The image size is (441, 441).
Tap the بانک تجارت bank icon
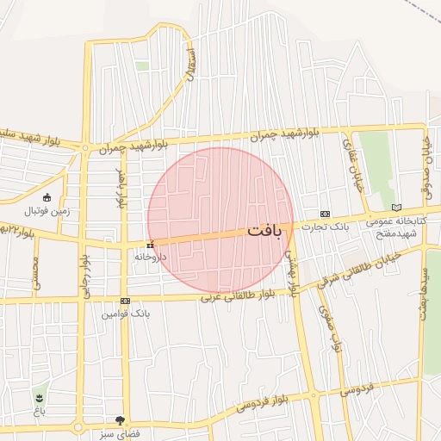pos(325,214)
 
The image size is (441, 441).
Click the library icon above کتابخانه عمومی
pos(396,208)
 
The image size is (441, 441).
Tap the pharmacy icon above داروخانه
pos(151,245)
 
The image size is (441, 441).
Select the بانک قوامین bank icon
pos(126,301)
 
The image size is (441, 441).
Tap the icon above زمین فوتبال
pos(47,196)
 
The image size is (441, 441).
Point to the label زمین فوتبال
pos(46,209)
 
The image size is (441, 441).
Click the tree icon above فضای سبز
pos(131,420)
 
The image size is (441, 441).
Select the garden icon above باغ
pos(40,397)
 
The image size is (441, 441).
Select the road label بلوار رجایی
pos(86,275)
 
